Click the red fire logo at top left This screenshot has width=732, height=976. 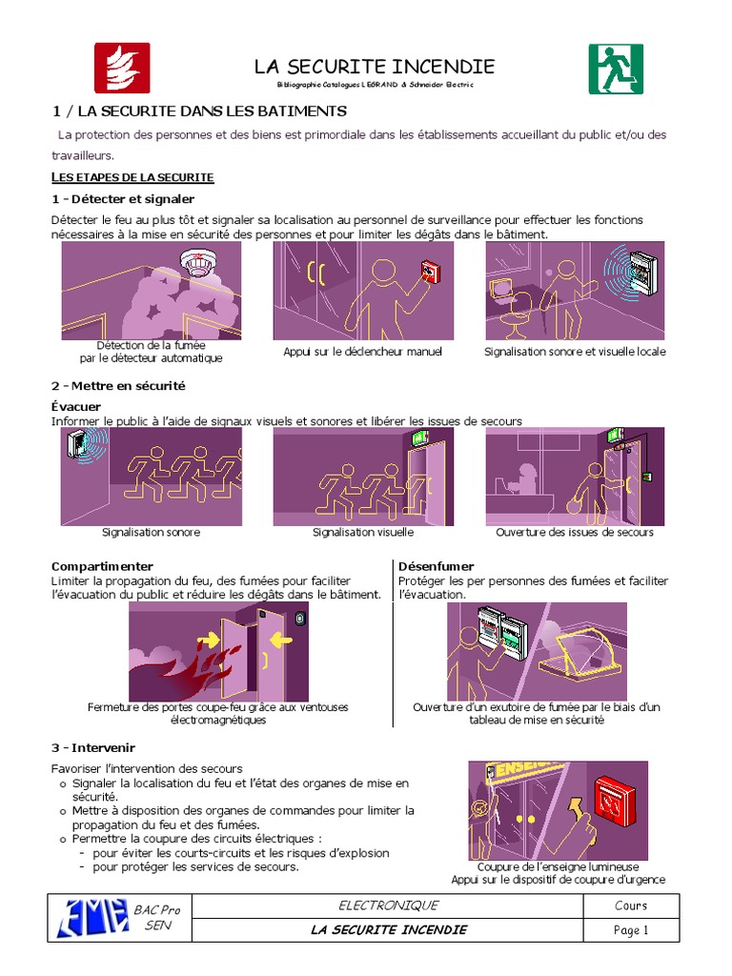(121, 68)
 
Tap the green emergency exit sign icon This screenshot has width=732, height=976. (615, 69)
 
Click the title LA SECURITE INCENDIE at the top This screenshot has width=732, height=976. (374, 67)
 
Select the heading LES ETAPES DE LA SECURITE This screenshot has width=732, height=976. (132, 177)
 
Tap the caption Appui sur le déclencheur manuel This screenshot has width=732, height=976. (363, 352)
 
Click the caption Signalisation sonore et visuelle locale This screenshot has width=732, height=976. (575, 352)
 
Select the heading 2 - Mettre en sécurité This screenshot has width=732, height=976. (118, 386)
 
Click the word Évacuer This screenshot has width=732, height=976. (76, 407)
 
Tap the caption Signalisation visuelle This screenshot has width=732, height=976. (363, 533)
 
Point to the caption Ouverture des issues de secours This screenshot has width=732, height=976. (575, 533)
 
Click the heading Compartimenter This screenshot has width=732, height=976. (102, 566)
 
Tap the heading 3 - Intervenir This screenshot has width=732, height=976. (92, 747)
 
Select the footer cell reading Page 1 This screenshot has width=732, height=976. (631, 930)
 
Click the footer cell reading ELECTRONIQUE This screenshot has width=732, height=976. (389, 905)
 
